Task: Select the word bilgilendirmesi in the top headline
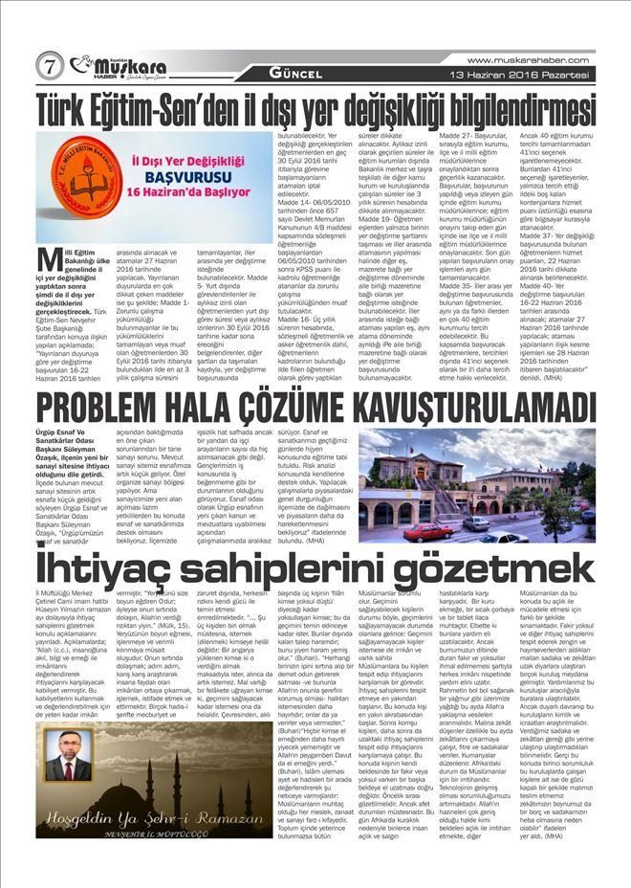[x=501, y=109]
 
